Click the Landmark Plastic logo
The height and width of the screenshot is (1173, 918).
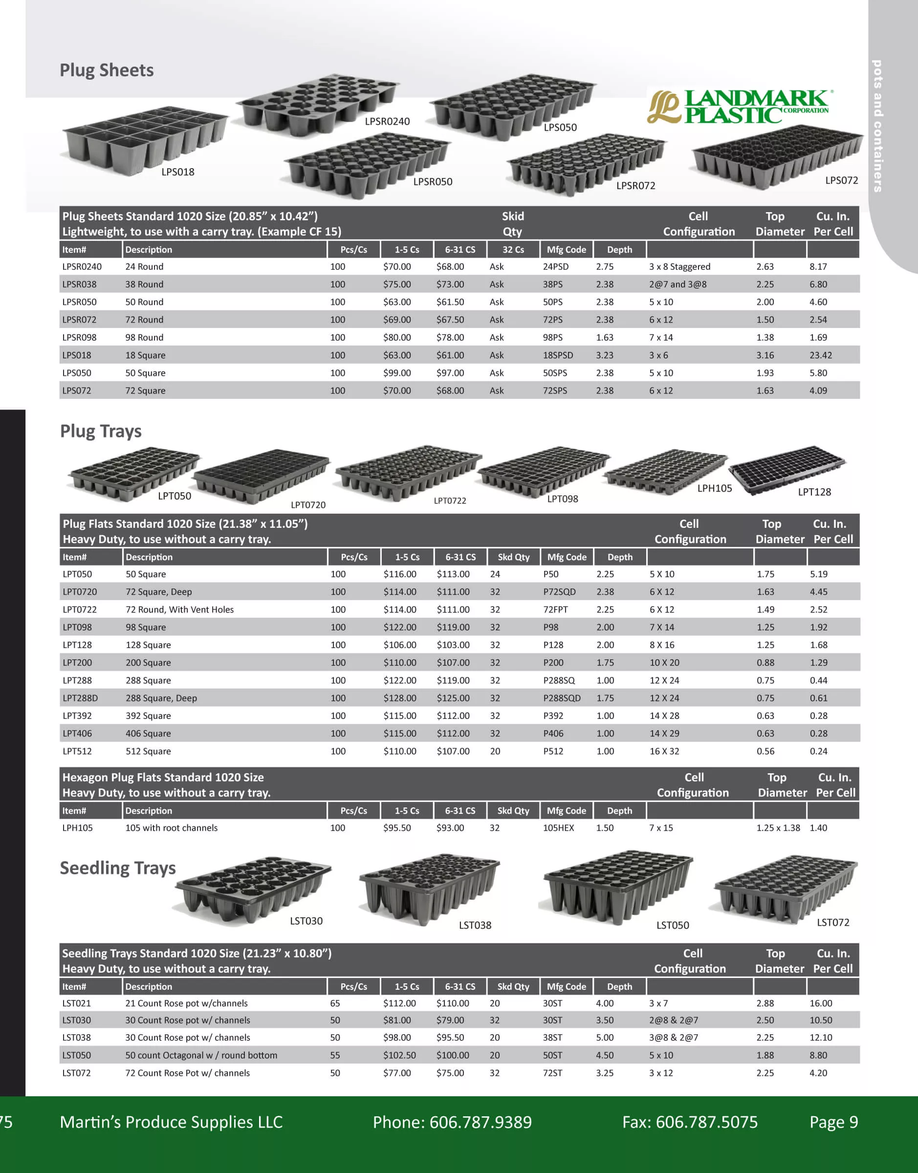click(x=740, y=107)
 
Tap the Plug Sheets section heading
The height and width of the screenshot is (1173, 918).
click(x=107, y=70)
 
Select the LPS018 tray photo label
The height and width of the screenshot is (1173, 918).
click(x=178, y=172)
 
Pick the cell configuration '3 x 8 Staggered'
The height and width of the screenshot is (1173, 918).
click(x=679, y=266)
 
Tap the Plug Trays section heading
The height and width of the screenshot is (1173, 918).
click(x=101, y=431)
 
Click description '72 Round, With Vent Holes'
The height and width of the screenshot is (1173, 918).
click(x=179, y=609)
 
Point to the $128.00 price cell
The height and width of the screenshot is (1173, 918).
click(x=400, y=698)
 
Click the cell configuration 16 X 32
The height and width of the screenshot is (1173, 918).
click(x=664, y=751)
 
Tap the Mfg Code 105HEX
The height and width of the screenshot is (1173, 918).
click(x=558, y=827)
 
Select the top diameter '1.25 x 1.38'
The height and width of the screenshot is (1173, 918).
click(x=778, y=827)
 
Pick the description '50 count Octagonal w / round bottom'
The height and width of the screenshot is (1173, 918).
click(x=201, y=1055)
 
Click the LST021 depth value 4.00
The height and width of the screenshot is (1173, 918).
click(x=605, y=1003)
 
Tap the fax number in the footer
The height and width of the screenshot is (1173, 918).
click(x=690, y=1122)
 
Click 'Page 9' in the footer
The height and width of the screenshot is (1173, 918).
click(x=833, y=1122)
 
